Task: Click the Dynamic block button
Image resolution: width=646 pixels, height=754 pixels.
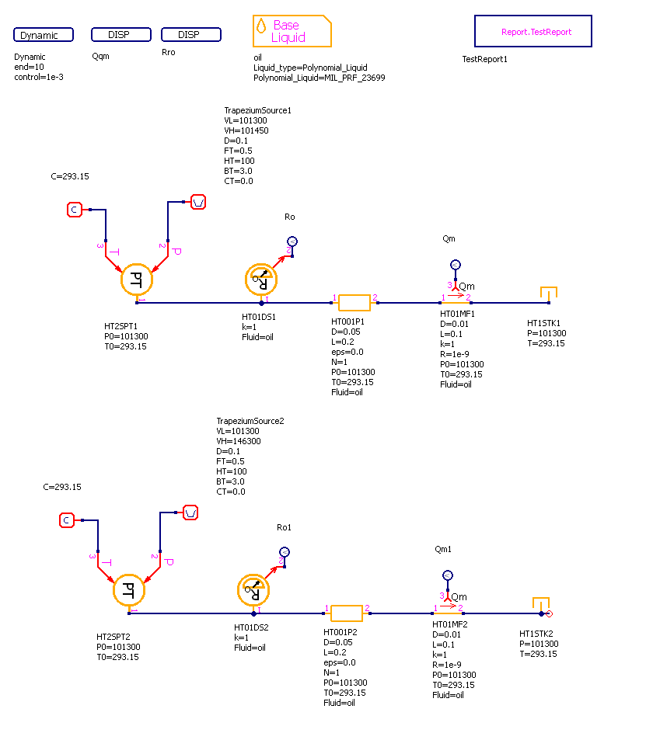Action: [x=44, y=35]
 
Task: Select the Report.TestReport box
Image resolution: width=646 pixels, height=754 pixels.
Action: [x=533, y=32]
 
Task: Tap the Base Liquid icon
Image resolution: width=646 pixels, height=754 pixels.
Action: [x=292, y=31]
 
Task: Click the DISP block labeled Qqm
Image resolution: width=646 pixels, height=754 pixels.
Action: [x=120, y=34]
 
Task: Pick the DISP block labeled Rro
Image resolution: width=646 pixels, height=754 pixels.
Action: [x=190, y=34]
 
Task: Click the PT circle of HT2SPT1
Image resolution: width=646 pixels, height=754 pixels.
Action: [x=137, y=280]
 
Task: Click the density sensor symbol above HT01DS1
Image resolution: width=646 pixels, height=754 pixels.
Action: [x=261, y=278]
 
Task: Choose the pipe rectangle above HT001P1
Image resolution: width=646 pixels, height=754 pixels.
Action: [x=354, y=303]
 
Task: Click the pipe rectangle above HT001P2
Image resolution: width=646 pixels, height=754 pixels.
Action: [x=347, y=613]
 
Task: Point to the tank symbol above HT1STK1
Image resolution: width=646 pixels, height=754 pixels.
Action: [x=549, y=294]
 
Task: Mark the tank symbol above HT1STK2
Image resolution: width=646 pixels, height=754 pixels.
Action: [x=541, y=604]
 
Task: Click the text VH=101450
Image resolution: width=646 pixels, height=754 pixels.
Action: [x=246, y=131]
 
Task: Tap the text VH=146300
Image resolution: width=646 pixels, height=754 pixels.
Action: [x=238, y=441]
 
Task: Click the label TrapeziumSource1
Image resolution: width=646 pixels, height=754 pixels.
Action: [x=257, y=110]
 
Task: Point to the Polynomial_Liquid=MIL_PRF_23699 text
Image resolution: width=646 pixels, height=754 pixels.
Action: [x=319, y=78]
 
